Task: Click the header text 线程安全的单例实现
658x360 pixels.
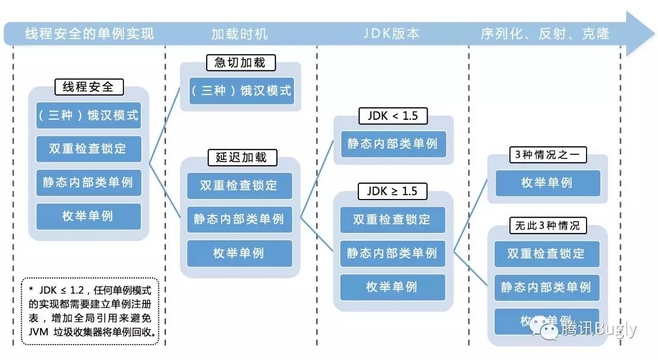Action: tap(89, 34)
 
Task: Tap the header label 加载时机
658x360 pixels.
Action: tap(240, 34)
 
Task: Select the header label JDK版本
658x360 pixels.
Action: tap(392, 34)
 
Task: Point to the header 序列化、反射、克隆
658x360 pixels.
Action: tap(545, 34)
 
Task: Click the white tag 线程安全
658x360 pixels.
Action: tap(89, 87)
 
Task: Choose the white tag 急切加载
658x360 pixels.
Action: tap(240, 63)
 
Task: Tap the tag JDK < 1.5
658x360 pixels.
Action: tap(393, 116)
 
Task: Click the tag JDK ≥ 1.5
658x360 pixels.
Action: tap(392, 192)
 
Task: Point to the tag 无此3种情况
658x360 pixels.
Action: tap(547, 225)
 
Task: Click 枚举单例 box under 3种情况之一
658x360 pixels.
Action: tap(547, 183)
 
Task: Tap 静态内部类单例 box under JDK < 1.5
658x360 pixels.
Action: tap(393, 143)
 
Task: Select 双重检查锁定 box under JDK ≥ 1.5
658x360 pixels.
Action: tap(393, 220)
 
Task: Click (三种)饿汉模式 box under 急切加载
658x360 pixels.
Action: tap(241, 91)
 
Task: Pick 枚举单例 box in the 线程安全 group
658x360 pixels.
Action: tap(88, 216)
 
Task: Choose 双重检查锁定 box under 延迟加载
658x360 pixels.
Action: tap(239, 186)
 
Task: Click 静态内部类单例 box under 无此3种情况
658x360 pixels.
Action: tap(546, 287)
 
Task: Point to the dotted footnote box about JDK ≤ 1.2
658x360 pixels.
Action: tap(90, 312)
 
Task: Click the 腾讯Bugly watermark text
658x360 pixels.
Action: tap(598, 329)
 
